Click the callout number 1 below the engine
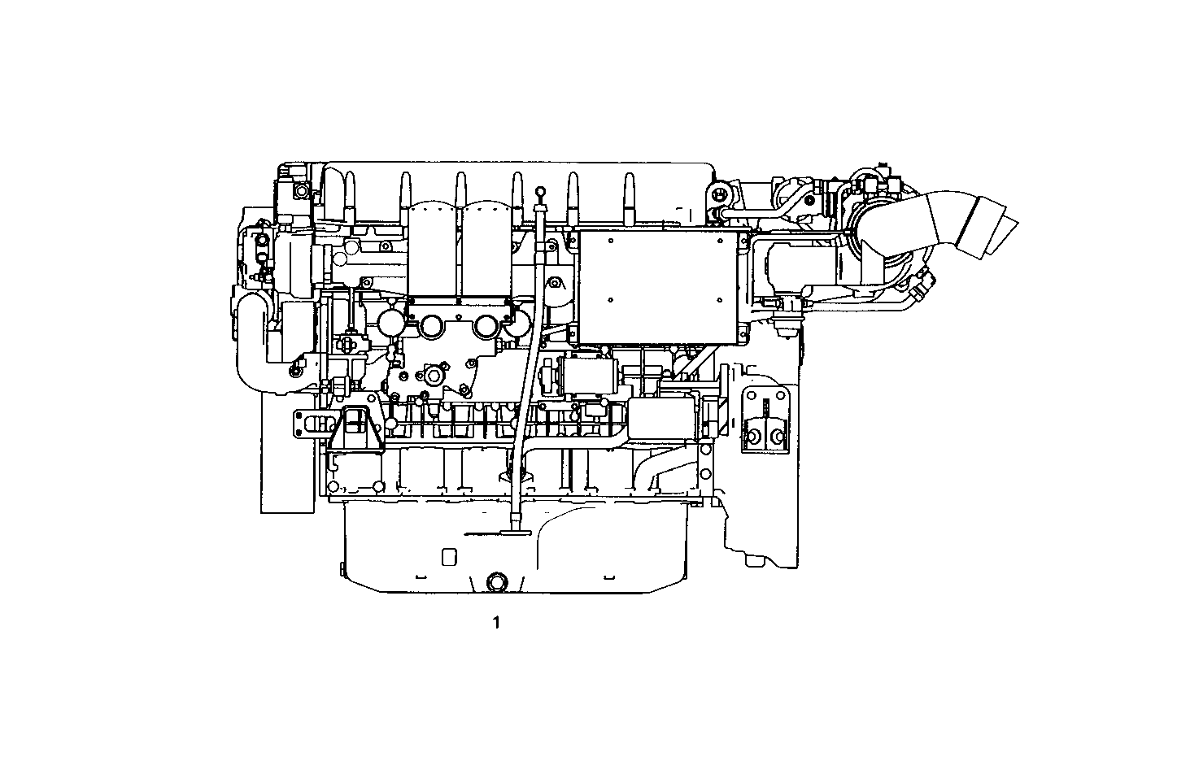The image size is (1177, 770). (x=495, y=624)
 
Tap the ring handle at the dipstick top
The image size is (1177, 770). (x=539, y=192)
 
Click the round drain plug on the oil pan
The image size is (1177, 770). (x=495, y=582)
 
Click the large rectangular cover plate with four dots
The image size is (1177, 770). (x=660, y=284)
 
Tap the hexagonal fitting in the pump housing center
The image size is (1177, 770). (x=429, y=376)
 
